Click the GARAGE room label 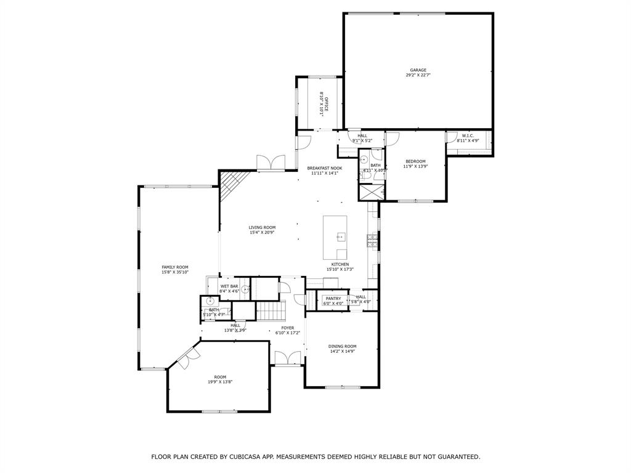coord(418,70)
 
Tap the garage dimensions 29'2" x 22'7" coord(418,76)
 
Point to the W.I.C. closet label coord(468,135)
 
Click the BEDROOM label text coord(415,161)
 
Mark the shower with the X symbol coord(372,192)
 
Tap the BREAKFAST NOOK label coord(325,168)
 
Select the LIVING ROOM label coord(262,227)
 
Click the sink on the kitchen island coord(340,236)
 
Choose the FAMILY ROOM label coord(175,267)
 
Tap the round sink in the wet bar coord(245,289)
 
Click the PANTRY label coord(333,298)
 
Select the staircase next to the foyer coord(269,311)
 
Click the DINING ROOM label coord(342,346)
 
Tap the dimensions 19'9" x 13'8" coord(220,382)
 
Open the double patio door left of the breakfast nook coord(271,162)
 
